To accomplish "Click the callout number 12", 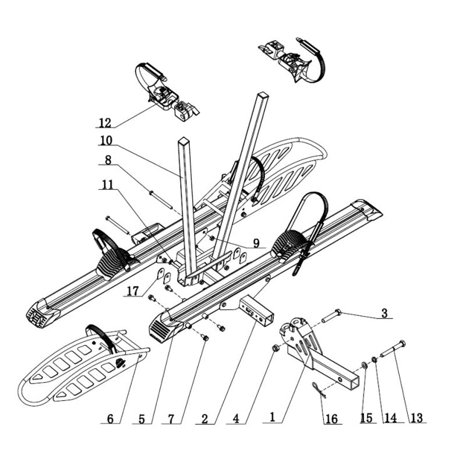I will pos(104,123).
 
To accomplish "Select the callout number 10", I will pos(105,140).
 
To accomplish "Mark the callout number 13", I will pos(417,418).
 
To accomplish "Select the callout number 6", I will pos(110,418).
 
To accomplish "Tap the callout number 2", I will pos(204,418).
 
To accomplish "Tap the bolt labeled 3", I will pos(330,316).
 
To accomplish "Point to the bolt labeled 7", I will pos(204,337).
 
